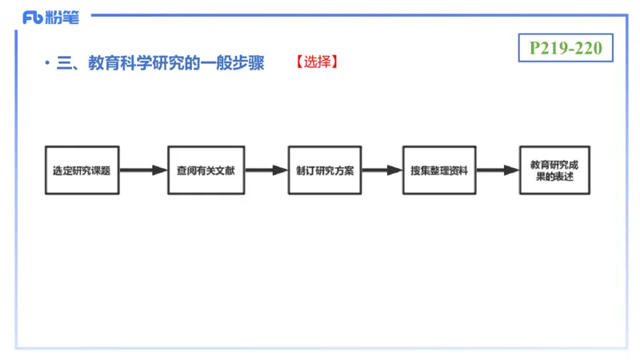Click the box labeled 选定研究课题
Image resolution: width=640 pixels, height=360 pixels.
[82, 170]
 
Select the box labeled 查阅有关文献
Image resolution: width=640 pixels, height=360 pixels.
[206, 170]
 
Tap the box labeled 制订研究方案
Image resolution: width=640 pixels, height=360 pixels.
[326, 170]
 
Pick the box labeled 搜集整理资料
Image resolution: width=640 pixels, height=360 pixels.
[438, 170]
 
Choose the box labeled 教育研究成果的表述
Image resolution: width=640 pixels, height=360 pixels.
[554, 170]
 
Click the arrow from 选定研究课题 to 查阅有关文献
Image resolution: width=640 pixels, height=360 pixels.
[143, 170]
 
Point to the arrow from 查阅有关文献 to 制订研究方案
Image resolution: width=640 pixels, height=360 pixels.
[266, 170]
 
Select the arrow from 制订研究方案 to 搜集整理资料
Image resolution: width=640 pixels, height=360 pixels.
[382, 170]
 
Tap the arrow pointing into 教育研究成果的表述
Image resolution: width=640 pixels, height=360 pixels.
[497, 170]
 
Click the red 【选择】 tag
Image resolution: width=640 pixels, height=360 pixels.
[316, 62]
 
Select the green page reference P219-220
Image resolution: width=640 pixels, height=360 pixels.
[566, 48]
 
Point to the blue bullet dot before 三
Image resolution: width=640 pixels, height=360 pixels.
[47, 62]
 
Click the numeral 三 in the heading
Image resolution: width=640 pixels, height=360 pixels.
[64, 62]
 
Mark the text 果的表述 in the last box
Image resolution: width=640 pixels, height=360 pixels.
[554, 178]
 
